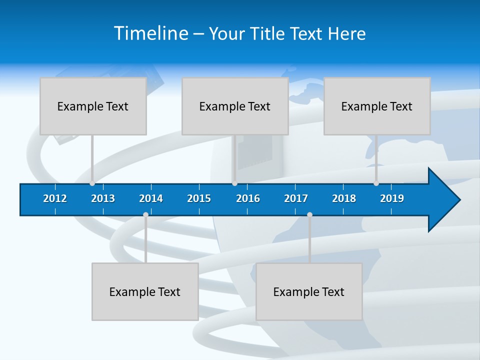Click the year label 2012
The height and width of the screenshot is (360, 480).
pyautogui.click(x=55, y=198)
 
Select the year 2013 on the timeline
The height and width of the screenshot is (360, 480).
pyautogui.click(x=103, y=198)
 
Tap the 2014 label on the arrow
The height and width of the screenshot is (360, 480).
pyautogui.click(x=151, y=198)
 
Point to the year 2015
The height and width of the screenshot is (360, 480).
pyautogui.click(x=199, y=198)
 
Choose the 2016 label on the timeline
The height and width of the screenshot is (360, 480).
pyautogui.click(x=248, y=198)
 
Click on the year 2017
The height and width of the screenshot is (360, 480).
pyautogui.click(x=296, y=198)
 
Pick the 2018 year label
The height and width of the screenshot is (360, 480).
pyautogui.click(x=344, y=198)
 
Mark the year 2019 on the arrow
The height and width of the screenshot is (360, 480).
pyautogui.click(x=392, y=198)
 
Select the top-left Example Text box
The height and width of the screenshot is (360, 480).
pyautogui.click(x=93, y=106)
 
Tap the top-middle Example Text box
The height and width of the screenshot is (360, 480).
pyautogui.click(x=235, y=106)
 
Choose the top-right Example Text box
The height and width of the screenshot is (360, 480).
pyautogui.click(x=377, y=106)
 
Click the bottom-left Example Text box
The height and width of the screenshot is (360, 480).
pyautogui.click(x=145, y=291)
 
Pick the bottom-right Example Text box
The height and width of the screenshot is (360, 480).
pyautogui.click(x=309, y=291)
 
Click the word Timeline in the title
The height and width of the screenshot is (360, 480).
pyautogui.click(x=150, y=33)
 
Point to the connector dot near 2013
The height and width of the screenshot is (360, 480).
pyautogui.click(x=92, y=183)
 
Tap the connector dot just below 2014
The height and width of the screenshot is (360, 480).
pyautogui.click(x=145, y=215)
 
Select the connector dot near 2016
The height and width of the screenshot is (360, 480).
pyautogui.click(x=234, y=183)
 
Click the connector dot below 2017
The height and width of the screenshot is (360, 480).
pyautogui.click(x=309, y=215)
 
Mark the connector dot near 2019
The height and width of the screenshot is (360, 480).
pyautogui.click(x=376, y=183)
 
